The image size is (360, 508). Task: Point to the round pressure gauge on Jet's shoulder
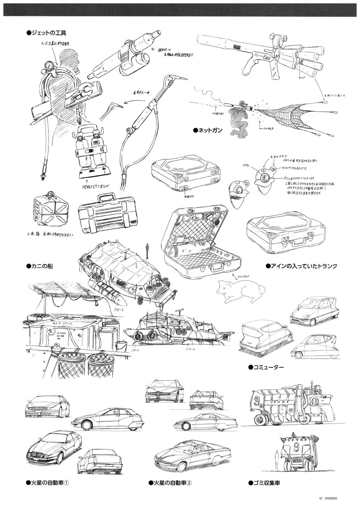coord(47,66)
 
